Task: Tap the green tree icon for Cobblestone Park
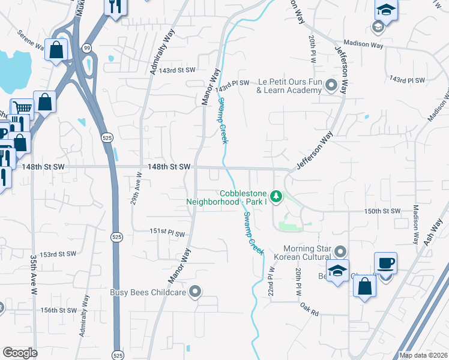(276, 196)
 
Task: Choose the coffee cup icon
(385, 262)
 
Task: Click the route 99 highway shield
(88, 47)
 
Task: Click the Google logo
(20, 353)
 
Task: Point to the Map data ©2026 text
(423, 355)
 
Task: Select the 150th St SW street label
(382, 212)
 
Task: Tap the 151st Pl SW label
(167, 232)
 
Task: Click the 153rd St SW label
(58, 254)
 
